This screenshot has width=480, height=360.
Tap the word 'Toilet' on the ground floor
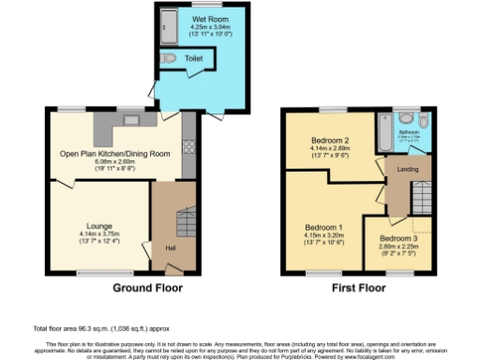(x=193, y=58)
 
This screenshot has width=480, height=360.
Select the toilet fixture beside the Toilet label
(x=168, y=58)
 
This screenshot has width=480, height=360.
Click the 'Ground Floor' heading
(x=147, y=288)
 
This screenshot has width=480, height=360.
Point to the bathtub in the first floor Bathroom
(x=384, y=132)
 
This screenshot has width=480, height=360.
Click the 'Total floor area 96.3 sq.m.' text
(x=75, y=328)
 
